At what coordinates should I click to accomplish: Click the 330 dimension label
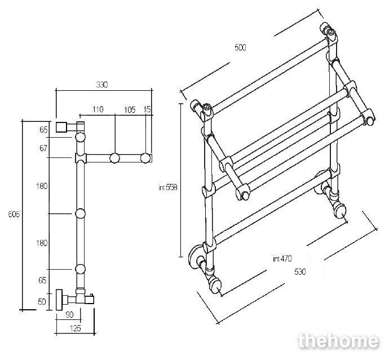(x=102, y=85)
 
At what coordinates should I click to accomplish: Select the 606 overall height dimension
(x=14, y=214)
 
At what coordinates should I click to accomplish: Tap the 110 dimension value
(x=98, y=109)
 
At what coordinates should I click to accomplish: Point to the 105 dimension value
(x=130, y=109)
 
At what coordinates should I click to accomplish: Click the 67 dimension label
(x=43, y=148)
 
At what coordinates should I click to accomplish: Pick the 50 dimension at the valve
(x=42, y=302)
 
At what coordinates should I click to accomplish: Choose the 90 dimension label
(x=70, y=314)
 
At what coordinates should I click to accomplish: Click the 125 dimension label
(x=75, y=328)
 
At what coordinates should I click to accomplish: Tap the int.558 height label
(x=168, y=187)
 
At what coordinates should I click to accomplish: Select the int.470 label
(x=282, y=258)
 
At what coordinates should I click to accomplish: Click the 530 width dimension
(x=300, y=272)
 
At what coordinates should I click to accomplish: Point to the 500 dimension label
(x=240, y=47)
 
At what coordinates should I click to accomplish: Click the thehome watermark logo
(x=339, y=341)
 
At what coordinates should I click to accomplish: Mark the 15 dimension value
(x=147, y=109)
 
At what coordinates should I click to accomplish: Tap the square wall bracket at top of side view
(x=61, y=127)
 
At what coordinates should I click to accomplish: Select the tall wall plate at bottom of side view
(x=59, y=300)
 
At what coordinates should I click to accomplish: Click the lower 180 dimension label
(x=42, y=243)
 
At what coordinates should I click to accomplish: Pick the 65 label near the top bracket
(x=43, y=130)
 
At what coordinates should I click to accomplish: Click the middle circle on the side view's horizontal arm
(x=114, y=158)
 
